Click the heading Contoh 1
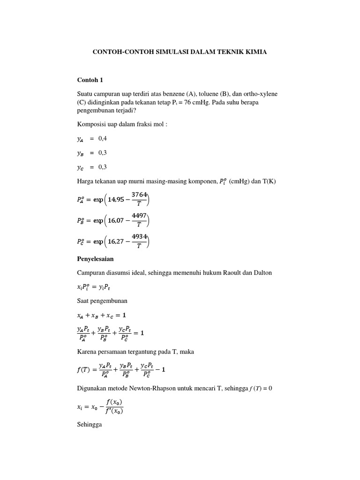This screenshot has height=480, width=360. pyautogui.click(x=90, y=80)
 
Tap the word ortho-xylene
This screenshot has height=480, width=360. pyautogui.click(x=260, y=94)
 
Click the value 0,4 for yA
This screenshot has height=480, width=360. pyautogui.click(x=103, y=139)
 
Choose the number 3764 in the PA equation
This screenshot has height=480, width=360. pyautogui.click(x=139, y=195)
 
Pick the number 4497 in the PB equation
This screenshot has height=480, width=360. pyautogui.click(x=139, y=216)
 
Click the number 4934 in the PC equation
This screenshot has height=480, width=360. pyautogui.click(x=139, y=237)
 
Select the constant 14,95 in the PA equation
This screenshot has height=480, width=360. pyautogui.click(x=116, y=200)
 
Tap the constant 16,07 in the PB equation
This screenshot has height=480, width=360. pyautogui.click(x=116, y=221)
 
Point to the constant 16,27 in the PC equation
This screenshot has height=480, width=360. pyautogui.click(x=116, y=242)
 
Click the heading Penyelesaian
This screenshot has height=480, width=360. pyautogui.click(x=95, y=259)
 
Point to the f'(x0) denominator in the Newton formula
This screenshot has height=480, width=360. pyautogui.click(x=115, y=412)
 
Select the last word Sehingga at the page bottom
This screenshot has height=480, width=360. pyautogui.click(x=89, y=425)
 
